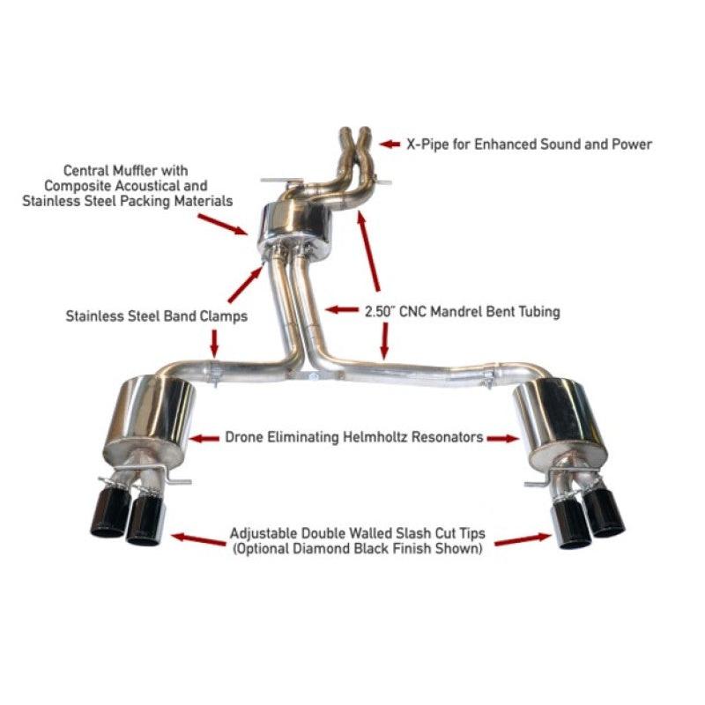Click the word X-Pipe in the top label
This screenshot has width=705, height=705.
click(427, 145)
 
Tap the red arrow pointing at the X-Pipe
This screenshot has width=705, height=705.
click(389, 142)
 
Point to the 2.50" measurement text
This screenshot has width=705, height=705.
click(380, 311)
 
